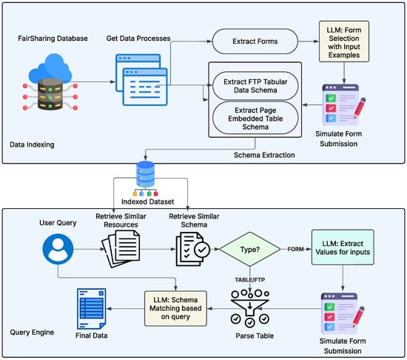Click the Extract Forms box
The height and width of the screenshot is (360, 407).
tap(255, 41)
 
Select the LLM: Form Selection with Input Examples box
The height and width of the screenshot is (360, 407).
tap(344, 41)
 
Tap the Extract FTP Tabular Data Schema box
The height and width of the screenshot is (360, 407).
tap(255, 86)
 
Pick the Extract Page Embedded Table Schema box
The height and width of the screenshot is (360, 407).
tap(255, 119)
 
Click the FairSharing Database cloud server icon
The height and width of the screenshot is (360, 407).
tap(50, 81)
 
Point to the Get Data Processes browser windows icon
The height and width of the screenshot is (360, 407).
tap(141, 80)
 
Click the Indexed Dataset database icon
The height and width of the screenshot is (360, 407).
tap(146, 179)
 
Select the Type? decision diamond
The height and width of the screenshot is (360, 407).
tap(250, 250)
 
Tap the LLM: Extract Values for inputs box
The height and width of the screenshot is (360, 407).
tap(343, 247)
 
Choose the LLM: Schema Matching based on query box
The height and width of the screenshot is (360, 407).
tap(175, 308)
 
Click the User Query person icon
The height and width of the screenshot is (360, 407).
tap(58, 249)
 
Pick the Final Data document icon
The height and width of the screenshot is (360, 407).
tap(91, 309)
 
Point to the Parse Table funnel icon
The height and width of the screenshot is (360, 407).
tap(249, 308)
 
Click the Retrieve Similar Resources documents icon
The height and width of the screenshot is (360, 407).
tap(121, 249)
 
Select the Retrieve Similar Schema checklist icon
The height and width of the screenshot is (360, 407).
tap(193, 249)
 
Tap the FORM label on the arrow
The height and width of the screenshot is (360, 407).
tap(296, 249)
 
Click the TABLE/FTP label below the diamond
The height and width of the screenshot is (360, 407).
tap(250, 280)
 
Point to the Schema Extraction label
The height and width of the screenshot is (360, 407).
tap(264, 155)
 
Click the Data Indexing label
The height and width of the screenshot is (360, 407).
tap(32, 144)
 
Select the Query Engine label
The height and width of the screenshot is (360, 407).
tap(32, 332)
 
